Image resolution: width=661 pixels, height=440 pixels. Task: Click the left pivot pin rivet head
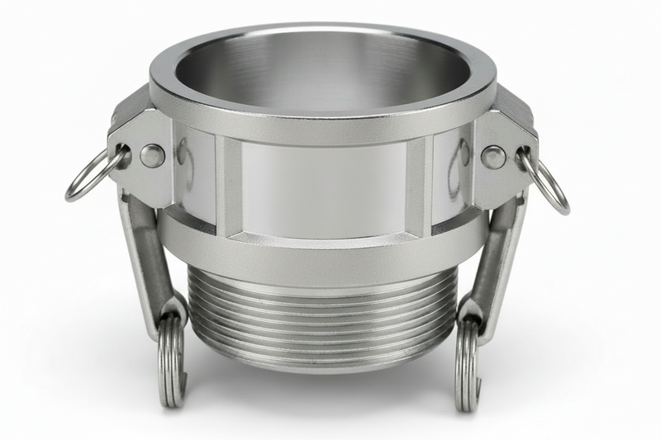point(151,155)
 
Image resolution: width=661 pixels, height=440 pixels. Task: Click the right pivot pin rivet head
point(493,157)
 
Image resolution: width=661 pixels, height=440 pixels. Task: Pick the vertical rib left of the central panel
point(226,186)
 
